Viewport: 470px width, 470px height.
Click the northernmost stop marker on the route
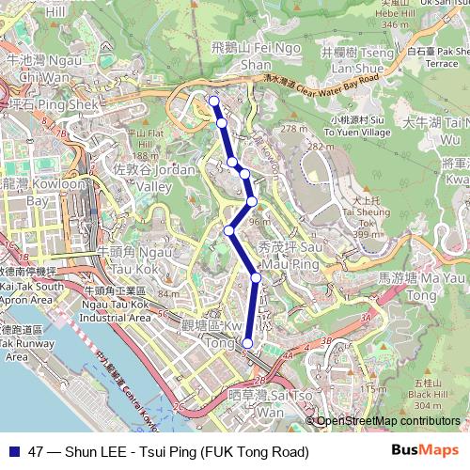tap(213, 102)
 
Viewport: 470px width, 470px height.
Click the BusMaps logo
tap(431, 451)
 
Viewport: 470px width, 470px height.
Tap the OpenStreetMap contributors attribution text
tap(389, 421)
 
